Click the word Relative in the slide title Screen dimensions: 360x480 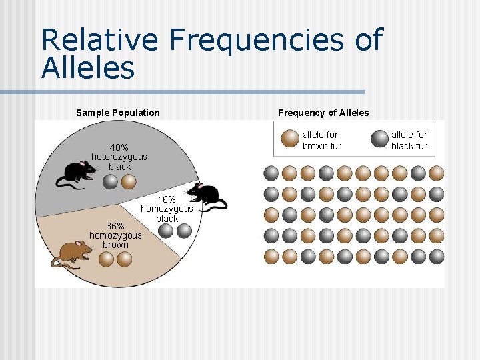click(x=99, y=40)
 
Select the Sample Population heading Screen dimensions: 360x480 click(x=118, y=113)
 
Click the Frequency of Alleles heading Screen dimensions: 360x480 click(x=323, y=113)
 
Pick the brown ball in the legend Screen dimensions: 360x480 click(x=290, y=139)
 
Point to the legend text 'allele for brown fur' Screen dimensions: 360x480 click(x=321, y=140)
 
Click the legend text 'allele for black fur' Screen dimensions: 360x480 click(x=409, y=140)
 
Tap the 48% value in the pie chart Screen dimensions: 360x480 click(x=119, y=147)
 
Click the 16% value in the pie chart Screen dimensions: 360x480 click(x=167, y=199)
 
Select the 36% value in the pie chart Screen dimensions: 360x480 click(x=115, y=225)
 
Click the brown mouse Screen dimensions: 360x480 click(x=72, y=253)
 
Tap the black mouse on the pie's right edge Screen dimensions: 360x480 click(x=207, y=196)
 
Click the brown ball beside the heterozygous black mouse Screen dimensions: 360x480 click(x=129, y=181)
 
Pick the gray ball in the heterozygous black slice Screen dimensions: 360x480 click(x=111, y=181)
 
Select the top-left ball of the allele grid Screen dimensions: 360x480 click(x=271, y=173)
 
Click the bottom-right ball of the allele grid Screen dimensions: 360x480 click(x=436, y=256)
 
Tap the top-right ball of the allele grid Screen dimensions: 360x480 click(x=436, y=173)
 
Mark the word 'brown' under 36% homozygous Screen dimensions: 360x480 click(x=115, y=245)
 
